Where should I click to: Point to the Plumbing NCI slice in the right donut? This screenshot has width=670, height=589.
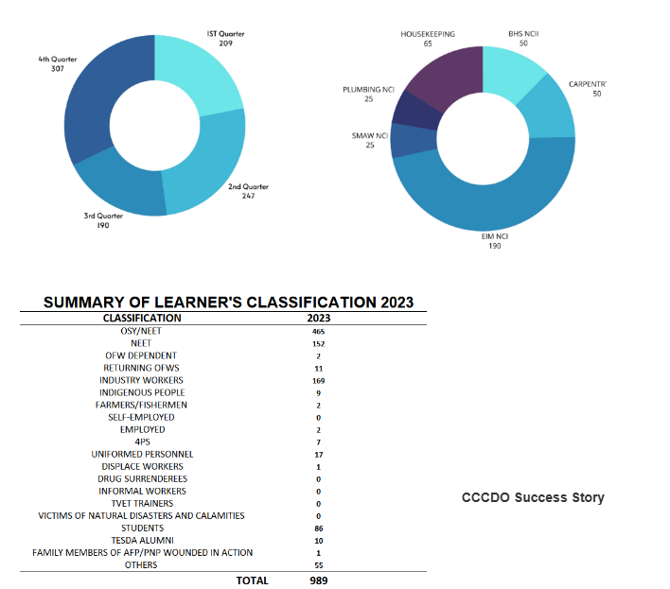point(413,111)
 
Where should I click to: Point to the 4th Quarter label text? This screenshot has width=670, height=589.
point(58,60)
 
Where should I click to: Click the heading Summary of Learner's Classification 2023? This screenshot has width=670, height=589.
point(229,303)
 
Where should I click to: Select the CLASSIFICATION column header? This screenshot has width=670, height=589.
point(142,319)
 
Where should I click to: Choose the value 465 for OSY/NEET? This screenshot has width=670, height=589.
point(319,332)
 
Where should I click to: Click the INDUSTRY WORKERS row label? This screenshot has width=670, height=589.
point(142,380)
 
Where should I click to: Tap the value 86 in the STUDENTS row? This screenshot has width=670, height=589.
point(319,528)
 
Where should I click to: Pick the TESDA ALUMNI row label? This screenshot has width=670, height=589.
point(142,541)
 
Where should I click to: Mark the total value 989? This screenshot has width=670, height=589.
point(319,580)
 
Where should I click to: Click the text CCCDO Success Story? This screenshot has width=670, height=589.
point(533,497)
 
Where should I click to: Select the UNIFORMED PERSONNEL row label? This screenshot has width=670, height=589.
point(142,455)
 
